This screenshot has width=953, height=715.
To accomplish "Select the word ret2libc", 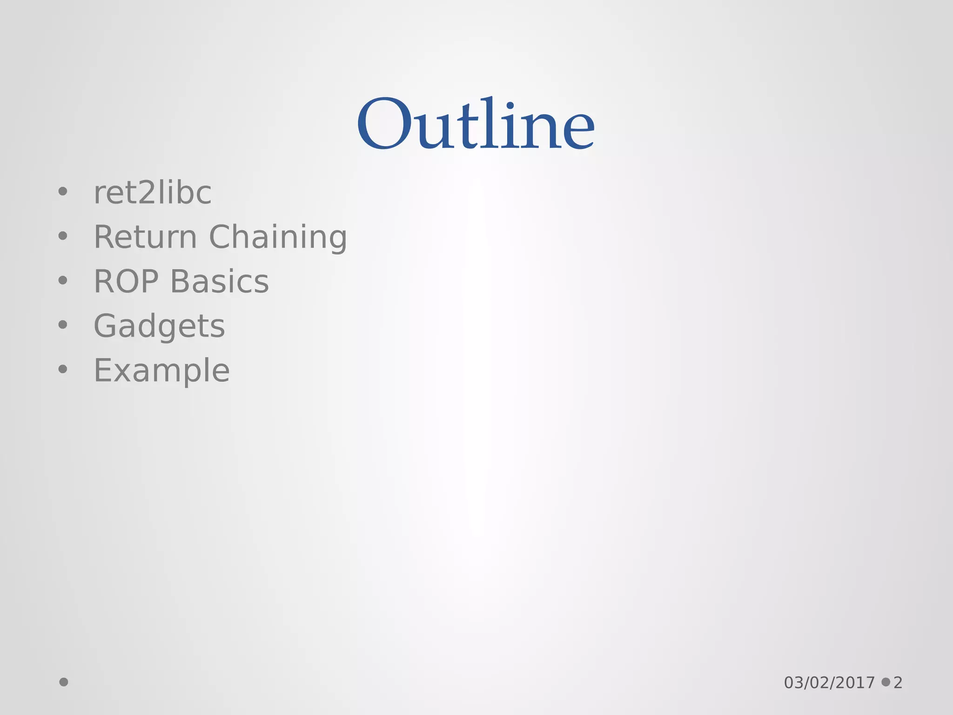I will (153, 193).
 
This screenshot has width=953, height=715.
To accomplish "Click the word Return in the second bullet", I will (146, 237).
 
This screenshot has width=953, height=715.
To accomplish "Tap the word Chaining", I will (278, 237).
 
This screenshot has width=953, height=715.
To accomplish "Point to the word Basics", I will (220, 282).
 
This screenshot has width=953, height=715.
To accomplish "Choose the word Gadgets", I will (159, 326).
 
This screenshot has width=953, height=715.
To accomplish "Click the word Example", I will (161, 371).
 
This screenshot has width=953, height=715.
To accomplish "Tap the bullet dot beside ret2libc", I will (63, 191).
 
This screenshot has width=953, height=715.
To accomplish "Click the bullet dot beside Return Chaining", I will (63, 236).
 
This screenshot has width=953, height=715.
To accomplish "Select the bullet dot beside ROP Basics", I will (63, 280).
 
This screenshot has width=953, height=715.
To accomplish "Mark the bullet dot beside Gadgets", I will (63, 324).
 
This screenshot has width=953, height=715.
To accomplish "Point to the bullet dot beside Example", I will (63, 369).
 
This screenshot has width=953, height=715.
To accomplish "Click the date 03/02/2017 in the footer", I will (829, 683).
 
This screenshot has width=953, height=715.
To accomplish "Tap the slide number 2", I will (898, 683).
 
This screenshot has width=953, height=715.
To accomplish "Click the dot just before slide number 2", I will (886, 682).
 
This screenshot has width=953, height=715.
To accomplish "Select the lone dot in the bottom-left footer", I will (64, 682).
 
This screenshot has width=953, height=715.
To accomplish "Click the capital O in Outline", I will (385, 124).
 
